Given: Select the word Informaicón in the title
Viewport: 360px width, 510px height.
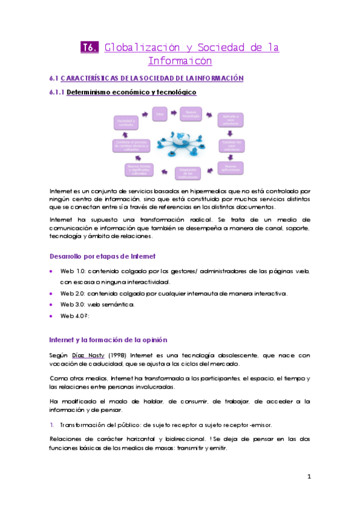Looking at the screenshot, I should coord(180,61).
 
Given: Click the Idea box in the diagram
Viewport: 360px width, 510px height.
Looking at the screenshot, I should coord(160,112).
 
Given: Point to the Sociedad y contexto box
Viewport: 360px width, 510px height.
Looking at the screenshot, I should coord(126,122).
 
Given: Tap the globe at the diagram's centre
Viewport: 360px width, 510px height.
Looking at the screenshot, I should coord(179,141).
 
